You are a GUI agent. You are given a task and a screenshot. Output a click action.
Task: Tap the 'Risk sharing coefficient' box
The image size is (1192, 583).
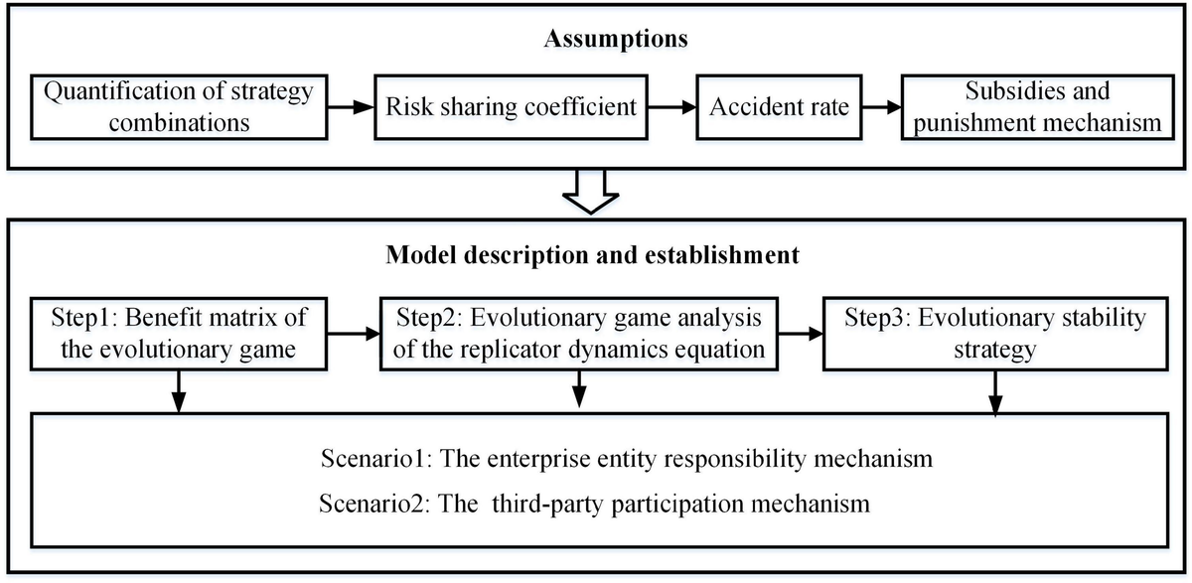(511, 106)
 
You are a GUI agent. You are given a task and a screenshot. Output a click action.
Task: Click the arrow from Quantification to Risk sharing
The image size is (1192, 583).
(353, 106)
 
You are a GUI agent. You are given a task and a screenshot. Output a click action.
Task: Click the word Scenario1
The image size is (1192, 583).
(373, 460)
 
